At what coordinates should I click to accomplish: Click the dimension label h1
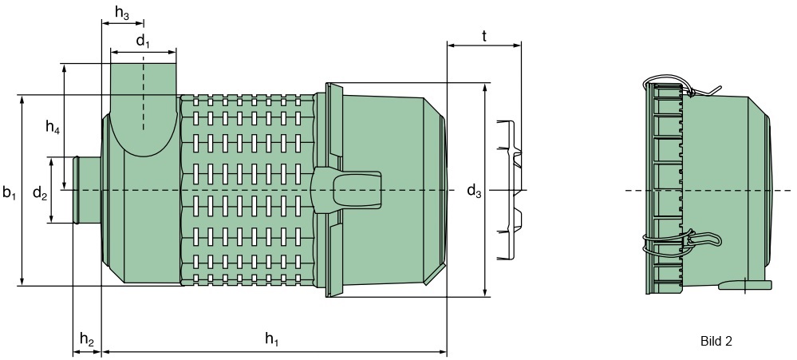tap(272, 339)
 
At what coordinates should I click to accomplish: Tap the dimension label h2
tap(87, 339)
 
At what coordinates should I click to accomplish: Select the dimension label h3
tap(122, 13)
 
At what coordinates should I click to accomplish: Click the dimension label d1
tap(142, 41)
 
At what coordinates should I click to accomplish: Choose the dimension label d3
tap(474, 191)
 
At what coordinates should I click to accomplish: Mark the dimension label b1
tap(10, 192)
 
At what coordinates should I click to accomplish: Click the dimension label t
tap(484, 36)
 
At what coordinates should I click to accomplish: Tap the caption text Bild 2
tap(716, 341)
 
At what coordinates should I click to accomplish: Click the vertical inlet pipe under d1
tap(143, 88)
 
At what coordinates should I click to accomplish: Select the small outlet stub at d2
tap(86, 190)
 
